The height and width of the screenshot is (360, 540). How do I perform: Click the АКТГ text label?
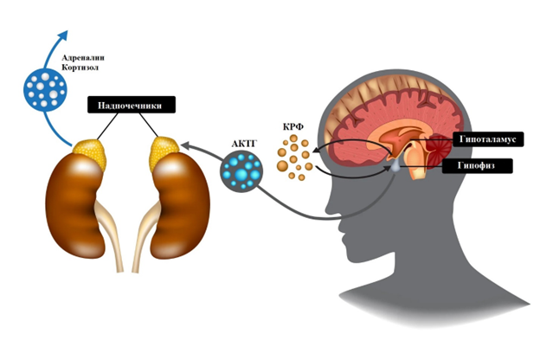coord(246,143)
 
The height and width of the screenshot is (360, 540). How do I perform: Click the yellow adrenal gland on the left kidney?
coord(86,155)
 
